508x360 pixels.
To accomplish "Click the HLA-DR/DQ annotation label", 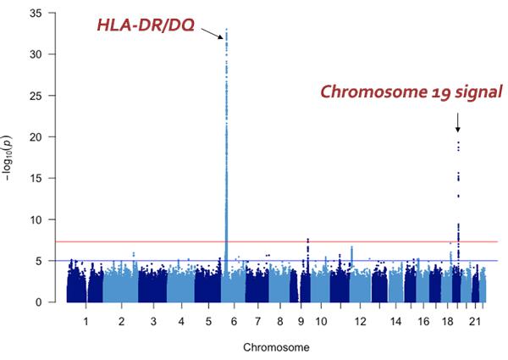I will tap(146, 27).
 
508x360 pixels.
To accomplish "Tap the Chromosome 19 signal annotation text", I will tap(411, 92).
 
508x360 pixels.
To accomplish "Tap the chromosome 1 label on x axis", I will tap(85, 323).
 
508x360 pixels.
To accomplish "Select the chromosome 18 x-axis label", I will tap(447, 323).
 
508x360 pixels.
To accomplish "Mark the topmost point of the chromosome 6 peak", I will tap(226, 30).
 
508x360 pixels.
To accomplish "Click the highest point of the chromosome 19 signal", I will tap(457, 142).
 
